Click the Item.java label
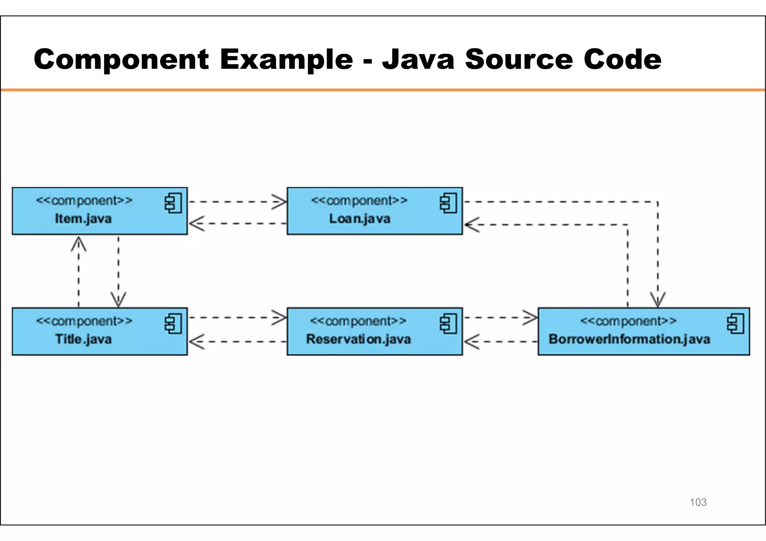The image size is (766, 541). click(83, 218)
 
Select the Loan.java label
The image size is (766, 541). click(359, 218)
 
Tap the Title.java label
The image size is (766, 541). click(83, 339)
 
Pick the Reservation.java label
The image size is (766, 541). click(358, 339)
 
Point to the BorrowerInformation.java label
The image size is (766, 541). click(629, 339)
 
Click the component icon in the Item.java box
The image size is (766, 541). click(173, 203)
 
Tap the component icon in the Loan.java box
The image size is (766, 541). click(448, 203)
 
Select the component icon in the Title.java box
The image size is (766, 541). click(173, 324)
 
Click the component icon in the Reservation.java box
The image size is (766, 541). click(448, 324)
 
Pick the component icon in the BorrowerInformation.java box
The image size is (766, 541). click(735, 324)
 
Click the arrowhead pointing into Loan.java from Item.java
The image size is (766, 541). click(280, 202)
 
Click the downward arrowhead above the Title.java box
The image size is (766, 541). click(118, 300)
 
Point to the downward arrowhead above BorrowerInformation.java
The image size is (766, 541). click(658, 300)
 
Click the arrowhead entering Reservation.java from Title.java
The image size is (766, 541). click(280, 318)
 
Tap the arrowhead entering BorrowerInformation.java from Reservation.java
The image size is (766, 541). click(531, 318)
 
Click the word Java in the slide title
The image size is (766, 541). click(418, 59)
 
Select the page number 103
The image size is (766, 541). click(698, 502)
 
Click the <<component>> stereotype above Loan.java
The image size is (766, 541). click(359, 201)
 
